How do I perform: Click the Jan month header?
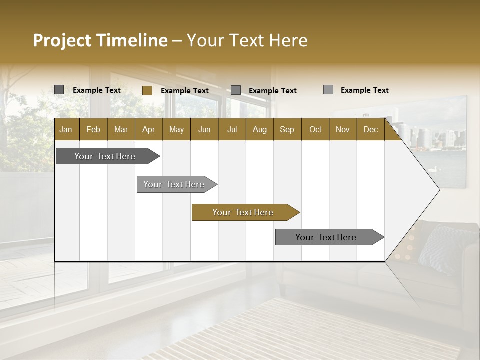66,129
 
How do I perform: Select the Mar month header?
121,129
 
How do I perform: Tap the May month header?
176,129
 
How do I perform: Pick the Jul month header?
232,129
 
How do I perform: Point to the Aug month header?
259,129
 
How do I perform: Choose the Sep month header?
287,129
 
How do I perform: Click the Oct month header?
315,129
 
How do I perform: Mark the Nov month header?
343,129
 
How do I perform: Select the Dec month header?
370,129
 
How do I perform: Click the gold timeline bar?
242,212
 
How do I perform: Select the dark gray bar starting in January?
105,156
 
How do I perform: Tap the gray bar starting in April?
174,184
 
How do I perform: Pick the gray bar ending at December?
326,237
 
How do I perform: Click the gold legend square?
147,90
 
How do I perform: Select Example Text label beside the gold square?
185,90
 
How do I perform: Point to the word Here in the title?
288,40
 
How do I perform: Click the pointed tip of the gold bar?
298,212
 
